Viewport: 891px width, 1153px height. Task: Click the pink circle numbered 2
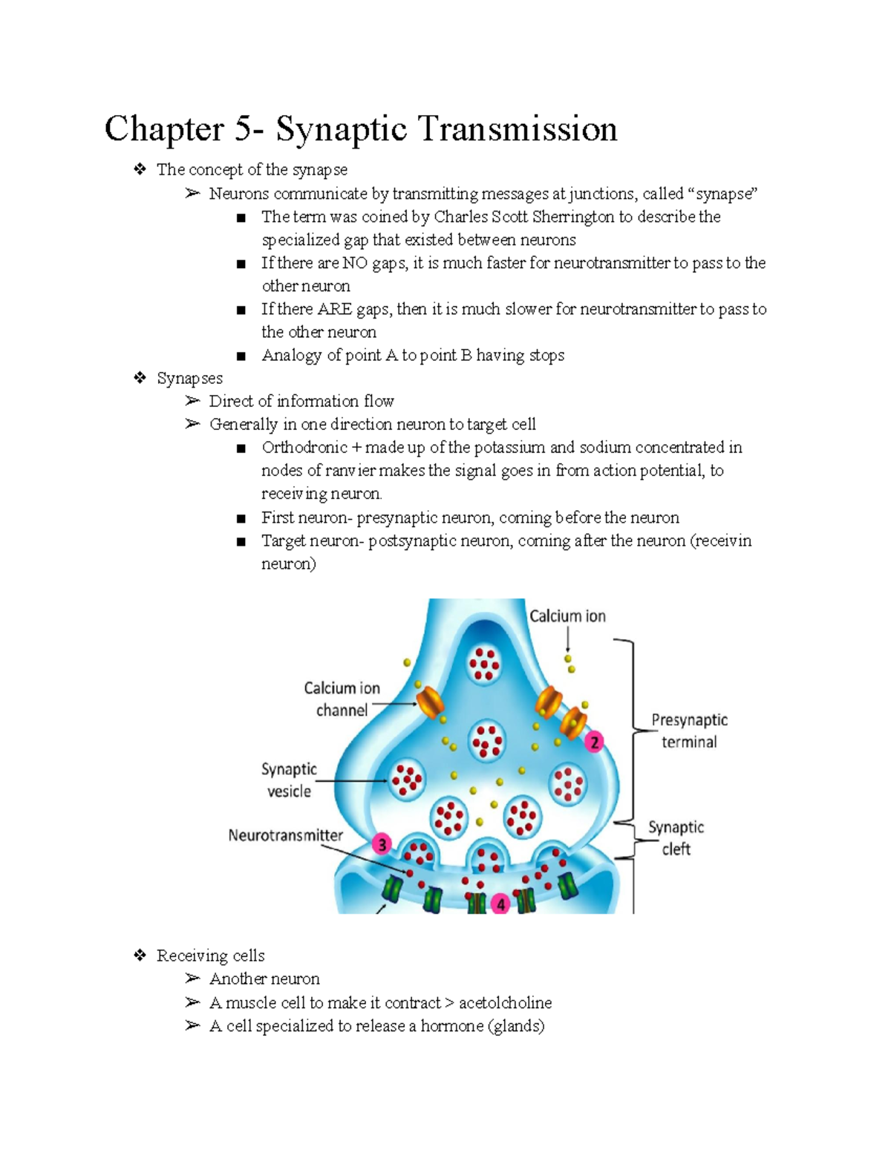pos(593,742)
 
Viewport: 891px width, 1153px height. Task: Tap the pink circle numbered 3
pos(382,844)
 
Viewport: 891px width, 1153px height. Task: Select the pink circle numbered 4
pos(501,904)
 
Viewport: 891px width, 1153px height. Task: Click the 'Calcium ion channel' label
pos(342,699)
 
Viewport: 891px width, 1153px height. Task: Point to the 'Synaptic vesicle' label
pos(289,780)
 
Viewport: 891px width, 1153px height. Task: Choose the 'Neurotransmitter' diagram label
pos(285,835)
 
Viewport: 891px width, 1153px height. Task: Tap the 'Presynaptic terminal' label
pos(689,731)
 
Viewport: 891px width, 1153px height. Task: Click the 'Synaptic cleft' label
pos(676,837)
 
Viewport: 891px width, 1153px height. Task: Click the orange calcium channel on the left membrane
pos(429,702)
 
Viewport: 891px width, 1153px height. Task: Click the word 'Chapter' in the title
pos(164,129)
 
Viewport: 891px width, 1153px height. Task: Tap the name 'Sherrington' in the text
pos(572,217)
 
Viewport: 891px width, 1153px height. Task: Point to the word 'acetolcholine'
pos(505,1003)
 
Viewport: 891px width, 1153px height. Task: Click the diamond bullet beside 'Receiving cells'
pos(140,956)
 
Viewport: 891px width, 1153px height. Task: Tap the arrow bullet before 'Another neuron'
pos(192,979)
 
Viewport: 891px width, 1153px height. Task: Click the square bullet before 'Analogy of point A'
pos(241,356)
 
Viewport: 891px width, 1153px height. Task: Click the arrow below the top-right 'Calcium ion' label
pos(568,638)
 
